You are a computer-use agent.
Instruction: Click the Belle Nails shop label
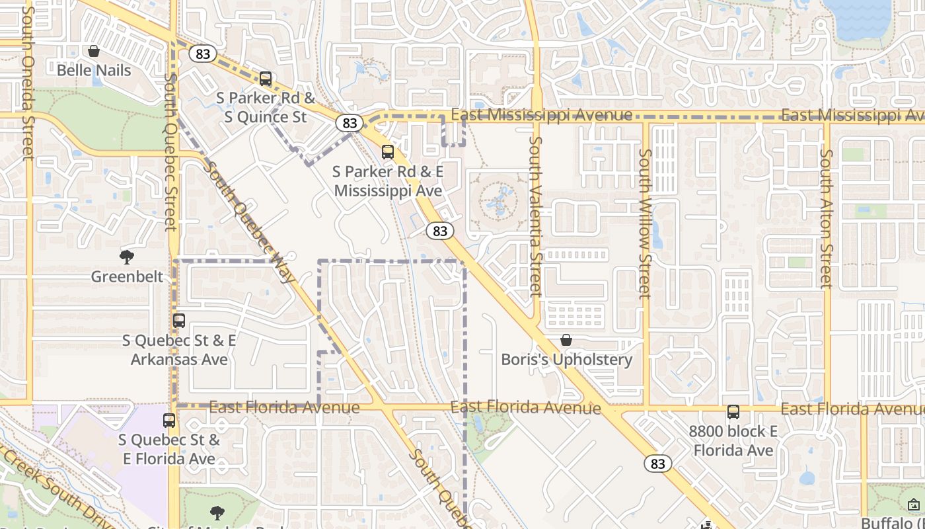pyautogui.click(x=94, y=70)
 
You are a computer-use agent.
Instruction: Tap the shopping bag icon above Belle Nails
pyautogui.click(x=94, y=51)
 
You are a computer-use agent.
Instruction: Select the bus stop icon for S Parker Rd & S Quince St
pyautogui.click(x=266, y=79)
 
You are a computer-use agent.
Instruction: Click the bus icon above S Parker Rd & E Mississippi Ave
pyautogui.click(x=388, y=152)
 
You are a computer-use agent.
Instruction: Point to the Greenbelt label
pyautogui.click(x=127, y=276)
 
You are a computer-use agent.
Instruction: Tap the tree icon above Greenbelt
pyautogui.click(x=127, y=257)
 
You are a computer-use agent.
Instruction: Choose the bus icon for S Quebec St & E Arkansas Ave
pyautogui.click(x=179, y=321)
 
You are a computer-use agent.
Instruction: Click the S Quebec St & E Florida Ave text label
pyautogui.click(x=168, y=449)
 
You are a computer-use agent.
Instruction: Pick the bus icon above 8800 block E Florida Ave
pyautogui.click(x=733, y=412)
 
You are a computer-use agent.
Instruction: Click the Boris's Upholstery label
pyautogui.click(x=566, y=360)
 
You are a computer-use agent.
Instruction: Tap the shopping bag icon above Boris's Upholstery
pyautogui.click(x=566, y=341)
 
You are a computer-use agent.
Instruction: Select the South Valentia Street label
pyautogui.click(x=535, y=216)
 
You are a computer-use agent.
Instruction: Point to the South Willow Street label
pyautogui.click(x=645, y=223)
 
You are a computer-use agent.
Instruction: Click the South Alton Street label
pyautogui.click(x=826, y=218)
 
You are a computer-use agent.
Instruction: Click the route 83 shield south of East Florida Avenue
pyautogui.click(x=657, y=464)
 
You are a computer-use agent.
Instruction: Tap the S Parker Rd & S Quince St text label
pyautogui.click(x=266, y=108)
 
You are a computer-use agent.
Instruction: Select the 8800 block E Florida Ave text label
pyautogui.click(x=733, y=441)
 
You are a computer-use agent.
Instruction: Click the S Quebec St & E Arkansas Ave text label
pyautogui.click(x=179, y=350)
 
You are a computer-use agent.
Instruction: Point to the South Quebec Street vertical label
pyautogui.click(x=170, y=152)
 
